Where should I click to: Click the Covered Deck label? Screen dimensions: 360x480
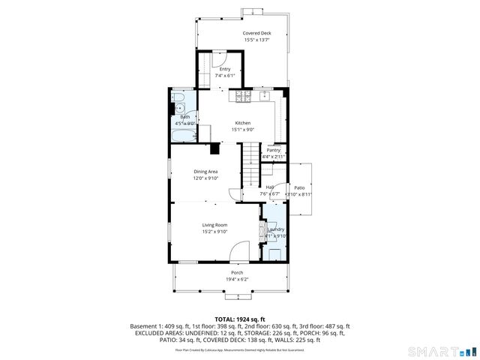coord(256,34)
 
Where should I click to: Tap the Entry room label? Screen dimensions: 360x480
coord(225,69)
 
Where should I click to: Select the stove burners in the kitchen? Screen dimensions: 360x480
coord(244,96)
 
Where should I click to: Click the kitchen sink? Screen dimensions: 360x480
coord(264,96)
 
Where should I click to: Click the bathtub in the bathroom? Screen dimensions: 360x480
coord(183,136)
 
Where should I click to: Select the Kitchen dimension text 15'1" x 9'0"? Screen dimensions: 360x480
coord(242,130)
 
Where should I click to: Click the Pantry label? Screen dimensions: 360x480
coord(273,150)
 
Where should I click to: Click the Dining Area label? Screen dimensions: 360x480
coord(205,172)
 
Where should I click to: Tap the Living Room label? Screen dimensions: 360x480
coord(214,225)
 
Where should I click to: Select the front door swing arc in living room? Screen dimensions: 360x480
coord(238,251)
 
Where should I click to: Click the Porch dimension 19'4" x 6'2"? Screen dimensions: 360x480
coord(237,280)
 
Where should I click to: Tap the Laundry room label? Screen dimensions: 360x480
coord(274,229)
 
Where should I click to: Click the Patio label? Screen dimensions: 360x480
coord(299,187)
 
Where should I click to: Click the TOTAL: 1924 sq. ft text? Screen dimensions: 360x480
coord(239,319)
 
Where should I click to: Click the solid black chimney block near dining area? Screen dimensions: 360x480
coord(215,147)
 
